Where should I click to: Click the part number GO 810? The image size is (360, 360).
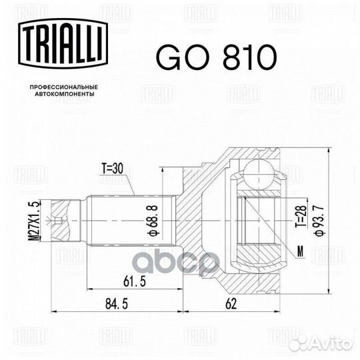[215, 58]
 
